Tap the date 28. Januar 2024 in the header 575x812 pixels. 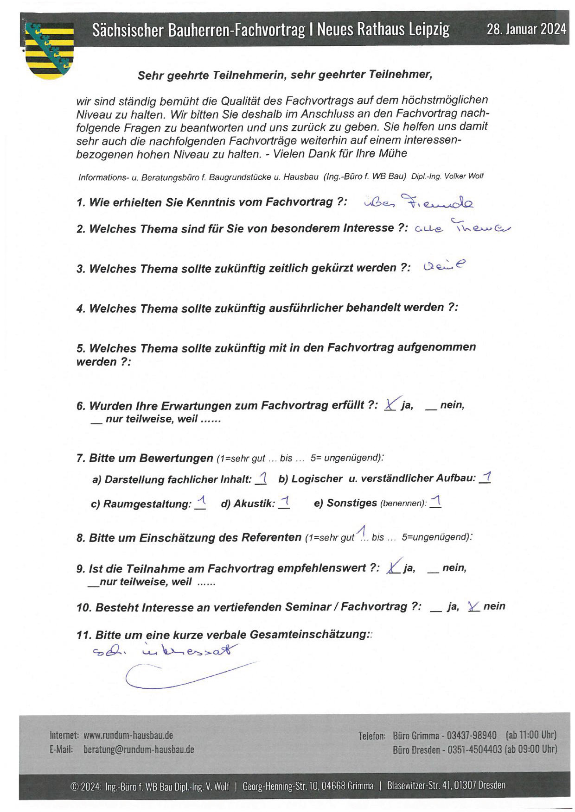526,30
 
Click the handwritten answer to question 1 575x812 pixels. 419,202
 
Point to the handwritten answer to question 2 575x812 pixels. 462,227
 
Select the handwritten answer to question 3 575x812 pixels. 444,266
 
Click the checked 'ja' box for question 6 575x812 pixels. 390,405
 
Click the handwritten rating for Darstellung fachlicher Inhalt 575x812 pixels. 262,478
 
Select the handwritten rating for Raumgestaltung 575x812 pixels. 201,503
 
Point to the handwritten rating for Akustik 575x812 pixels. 285,502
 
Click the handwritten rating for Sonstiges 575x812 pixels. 436,502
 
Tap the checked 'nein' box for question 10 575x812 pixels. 473,606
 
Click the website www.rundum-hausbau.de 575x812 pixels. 128,735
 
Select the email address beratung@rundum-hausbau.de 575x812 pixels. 139,749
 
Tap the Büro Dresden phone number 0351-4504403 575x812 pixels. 474,749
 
